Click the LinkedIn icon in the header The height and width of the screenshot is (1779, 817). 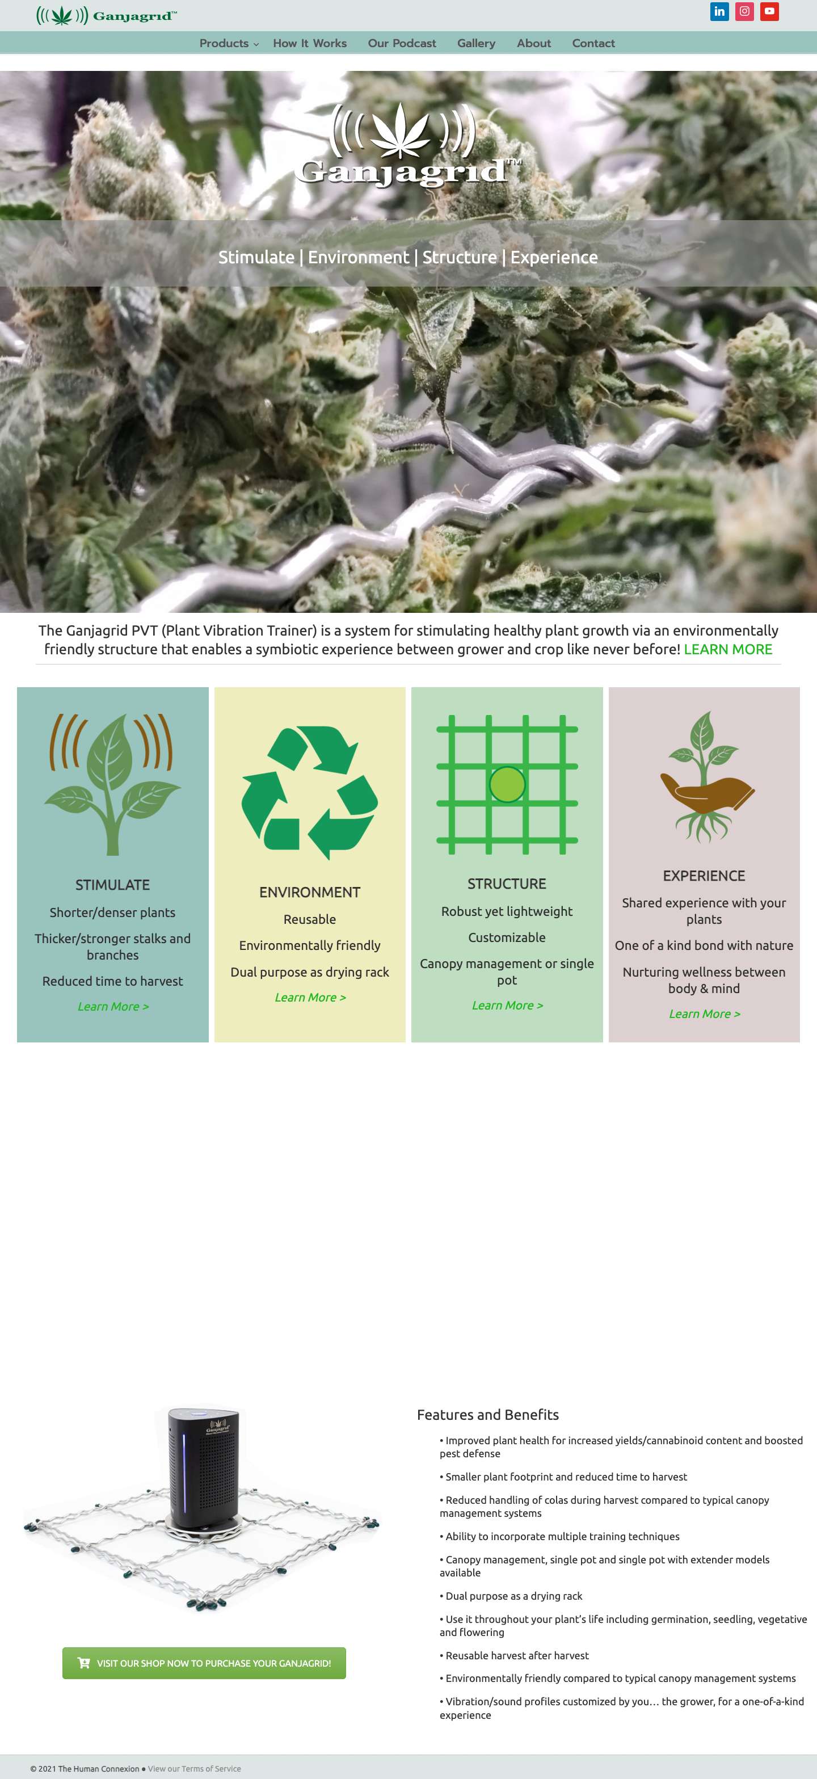click(x=719, y=11)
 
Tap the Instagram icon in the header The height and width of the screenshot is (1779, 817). click(x=744, y=11)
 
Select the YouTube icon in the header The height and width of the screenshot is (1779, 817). click(x=769, y=11)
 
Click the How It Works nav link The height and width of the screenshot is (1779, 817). click(x=309, y=43)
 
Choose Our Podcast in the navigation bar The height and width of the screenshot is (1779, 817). click(x=402, y=43)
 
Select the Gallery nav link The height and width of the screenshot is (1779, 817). click(x=476, y=43)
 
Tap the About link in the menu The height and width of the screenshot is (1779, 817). click(x=534, y=43)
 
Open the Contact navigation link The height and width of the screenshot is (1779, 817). click(x=593, y=43)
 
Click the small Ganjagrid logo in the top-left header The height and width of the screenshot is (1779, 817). click(x=106, y=15)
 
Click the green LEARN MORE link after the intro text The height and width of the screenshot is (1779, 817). click(x=728, y=649)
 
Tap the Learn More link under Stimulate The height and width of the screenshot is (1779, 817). click(x=112, y=1006)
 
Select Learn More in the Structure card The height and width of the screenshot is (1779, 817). click(x=507, y=1006)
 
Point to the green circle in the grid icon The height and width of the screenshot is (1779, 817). click(x=507, y=785)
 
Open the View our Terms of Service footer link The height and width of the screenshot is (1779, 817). click(x=194, y=1769)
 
